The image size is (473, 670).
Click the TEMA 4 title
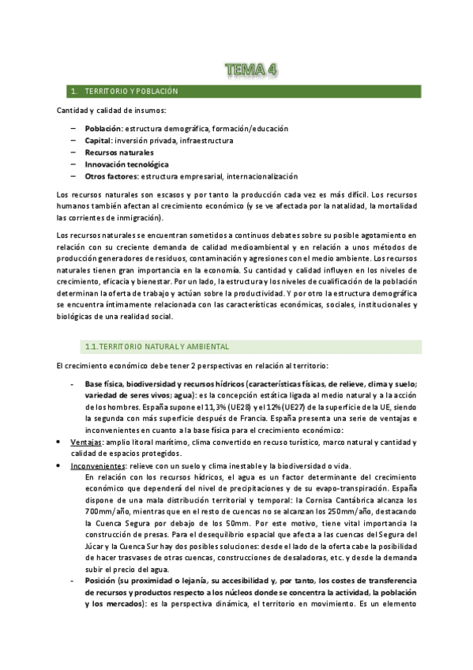250,71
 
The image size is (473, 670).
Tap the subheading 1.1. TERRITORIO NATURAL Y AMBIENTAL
157,346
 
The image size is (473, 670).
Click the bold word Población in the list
103,128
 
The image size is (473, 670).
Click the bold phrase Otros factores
111,176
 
